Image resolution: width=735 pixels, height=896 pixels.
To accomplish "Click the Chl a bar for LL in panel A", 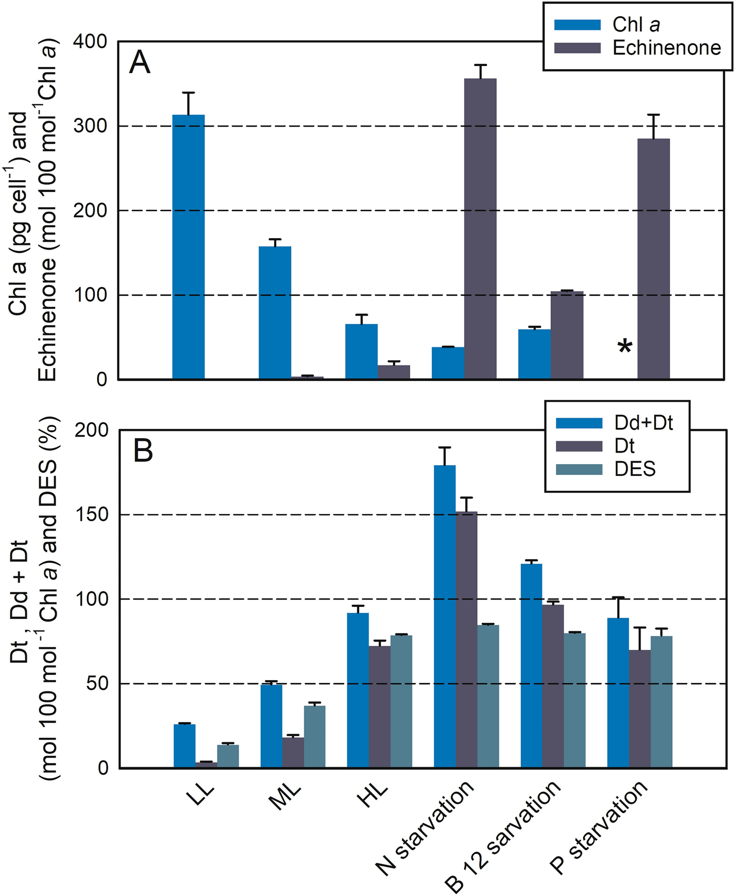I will pyautogui.click(x=188, y=247).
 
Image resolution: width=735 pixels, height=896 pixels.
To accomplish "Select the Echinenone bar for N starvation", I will pyautogui.click(x=480, y=228).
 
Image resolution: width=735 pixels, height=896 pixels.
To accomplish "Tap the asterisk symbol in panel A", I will pyautogui.click(x=625, y=346).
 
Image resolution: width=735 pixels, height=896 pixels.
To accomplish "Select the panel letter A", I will pyautogui.click(x=140, y=63).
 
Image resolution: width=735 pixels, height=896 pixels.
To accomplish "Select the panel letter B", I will pyautogui.click(x=143, y=451).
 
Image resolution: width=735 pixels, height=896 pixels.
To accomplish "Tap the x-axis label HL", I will pyautogui.click(x=373, y=795).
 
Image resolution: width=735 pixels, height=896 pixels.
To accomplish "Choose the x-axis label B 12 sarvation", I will pyautogui.click(x=503, y=836).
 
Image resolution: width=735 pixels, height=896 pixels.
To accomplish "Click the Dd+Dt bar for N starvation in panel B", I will pyautogui.click(x=445, y=616).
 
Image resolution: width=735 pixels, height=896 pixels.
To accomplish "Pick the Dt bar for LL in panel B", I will pyautogui.click(x=206, y=765).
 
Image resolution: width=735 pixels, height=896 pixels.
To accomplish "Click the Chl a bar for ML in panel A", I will pyautogui.click(x=275, y=313).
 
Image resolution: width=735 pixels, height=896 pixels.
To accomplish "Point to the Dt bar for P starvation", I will pyautogui.click(x=639, y=709).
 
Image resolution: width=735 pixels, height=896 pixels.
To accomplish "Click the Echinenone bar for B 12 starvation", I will pyautogui.click(x=567, y=335).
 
